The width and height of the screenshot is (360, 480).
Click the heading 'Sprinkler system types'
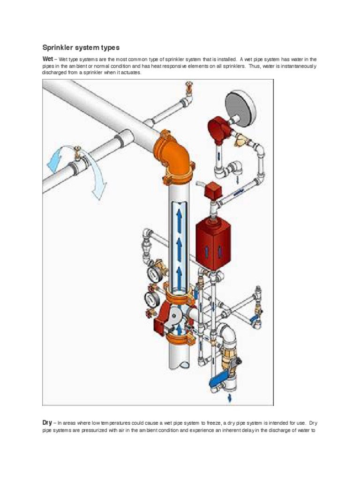coord(81,47)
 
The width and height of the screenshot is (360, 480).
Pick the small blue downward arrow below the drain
coord(230,398)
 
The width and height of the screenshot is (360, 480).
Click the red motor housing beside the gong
coord(218,129)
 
